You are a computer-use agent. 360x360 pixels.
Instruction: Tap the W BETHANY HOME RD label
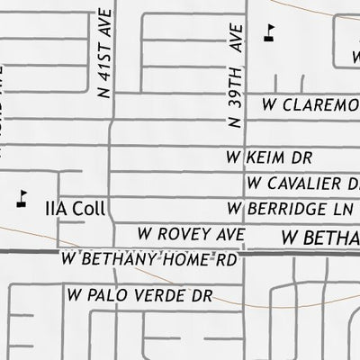tap(151, 259)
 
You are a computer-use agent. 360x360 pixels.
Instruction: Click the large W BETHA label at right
tap(319, 238)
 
